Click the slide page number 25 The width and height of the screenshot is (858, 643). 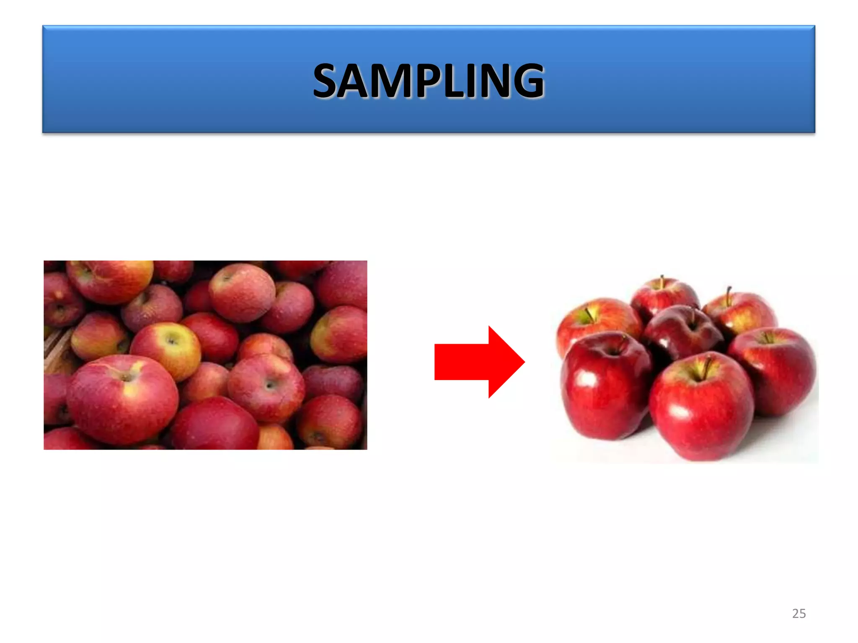coord(799,614)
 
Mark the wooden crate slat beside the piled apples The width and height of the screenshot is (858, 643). coord(57,347)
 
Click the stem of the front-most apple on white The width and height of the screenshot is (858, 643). coord(707,368)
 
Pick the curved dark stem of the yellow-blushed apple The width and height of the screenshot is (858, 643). coord(729,295)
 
